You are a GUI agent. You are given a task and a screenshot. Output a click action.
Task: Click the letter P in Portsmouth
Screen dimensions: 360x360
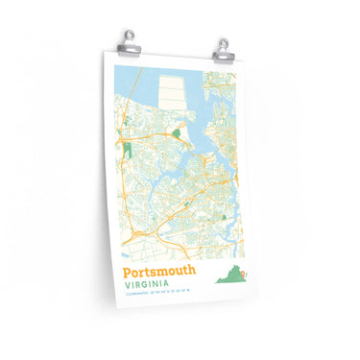[x=129, y=270]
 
